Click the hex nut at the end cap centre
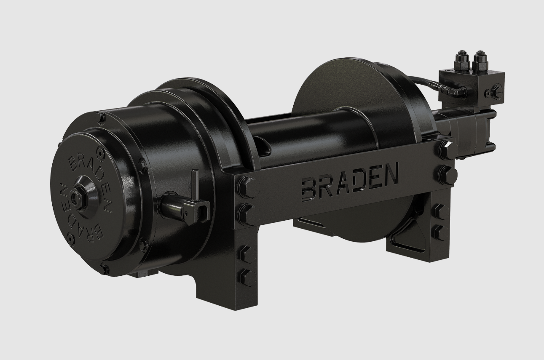pos(77,197)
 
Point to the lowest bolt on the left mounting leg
pos(247,277)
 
